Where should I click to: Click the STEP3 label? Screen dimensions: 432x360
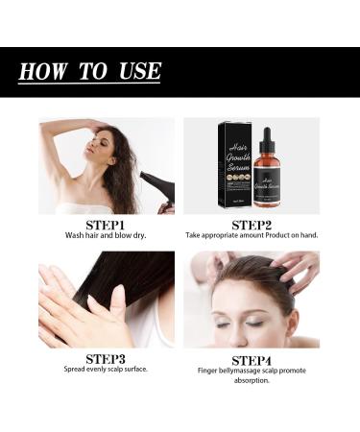(107, 358)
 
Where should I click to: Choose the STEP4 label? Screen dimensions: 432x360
(252, 358)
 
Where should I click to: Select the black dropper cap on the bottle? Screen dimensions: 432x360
(271, 134)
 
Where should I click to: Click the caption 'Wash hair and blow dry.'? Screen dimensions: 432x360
(107, 234)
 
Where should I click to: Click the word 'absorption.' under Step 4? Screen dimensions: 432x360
(252, 379)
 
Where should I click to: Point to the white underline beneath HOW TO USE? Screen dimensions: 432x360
(89, 84)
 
